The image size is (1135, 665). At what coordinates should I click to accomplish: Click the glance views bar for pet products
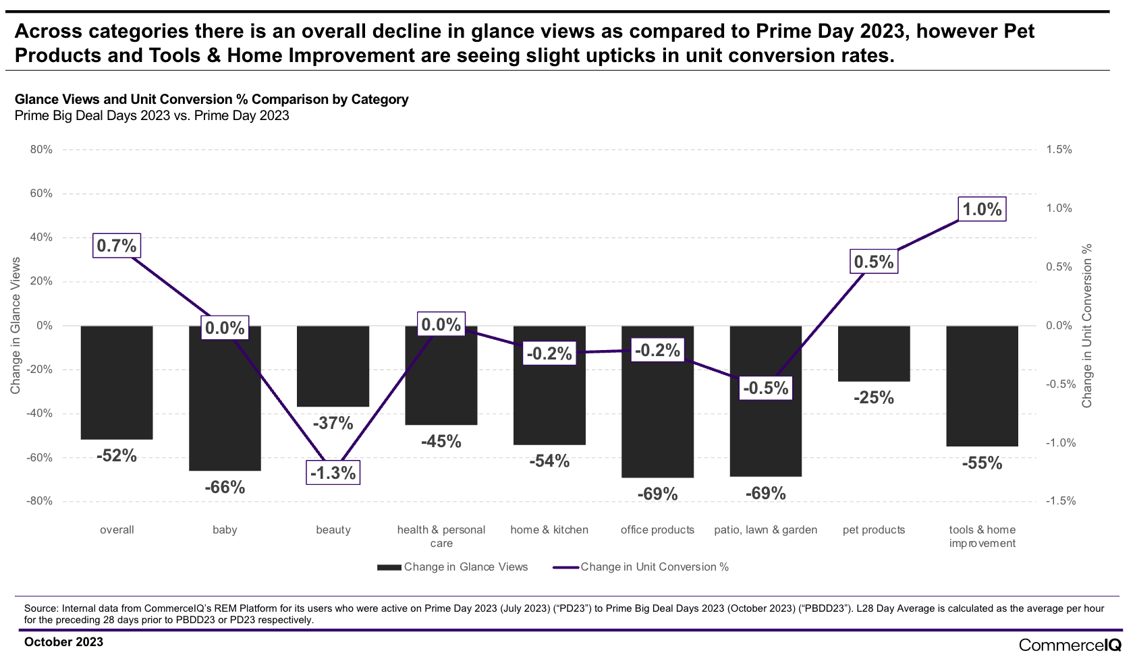coord(874,353)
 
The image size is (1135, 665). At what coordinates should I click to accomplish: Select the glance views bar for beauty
coord(333,366)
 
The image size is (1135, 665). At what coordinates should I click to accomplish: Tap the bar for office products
coord(657,418)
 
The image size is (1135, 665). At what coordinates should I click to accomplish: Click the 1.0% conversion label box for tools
coord(982,209)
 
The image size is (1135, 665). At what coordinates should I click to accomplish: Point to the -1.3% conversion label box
coord(333,473)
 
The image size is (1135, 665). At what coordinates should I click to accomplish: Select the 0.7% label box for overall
coord(117,246)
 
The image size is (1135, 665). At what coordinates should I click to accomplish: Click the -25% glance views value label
coord(874,398)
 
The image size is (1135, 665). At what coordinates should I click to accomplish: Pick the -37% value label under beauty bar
coord(333,424)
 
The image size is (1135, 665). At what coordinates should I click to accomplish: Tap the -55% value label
coord(982,463)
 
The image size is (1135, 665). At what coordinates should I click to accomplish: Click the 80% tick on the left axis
coord(41,150)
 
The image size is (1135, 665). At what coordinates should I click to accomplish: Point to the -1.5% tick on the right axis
coord(1059,501)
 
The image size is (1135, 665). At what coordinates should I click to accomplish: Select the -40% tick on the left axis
coord(40,413)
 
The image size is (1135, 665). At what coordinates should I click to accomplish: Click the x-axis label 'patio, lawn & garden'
coord(765,530)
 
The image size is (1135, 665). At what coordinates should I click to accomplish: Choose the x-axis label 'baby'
coord(225,530)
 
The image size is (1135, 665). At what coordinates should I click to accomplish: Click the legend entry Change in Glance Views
coord(453,567)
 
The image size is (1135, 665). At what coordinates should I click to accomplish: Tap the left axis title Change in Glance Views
coord(16,325)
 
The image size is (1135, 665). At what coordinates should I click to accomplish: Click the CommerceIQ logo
coord(1070,645)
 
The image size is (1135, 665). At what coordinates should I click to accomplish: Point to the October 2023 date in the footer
coord(64,642)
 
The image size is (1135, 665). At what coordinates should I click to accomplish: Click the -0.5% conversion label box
coord(765,388)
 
